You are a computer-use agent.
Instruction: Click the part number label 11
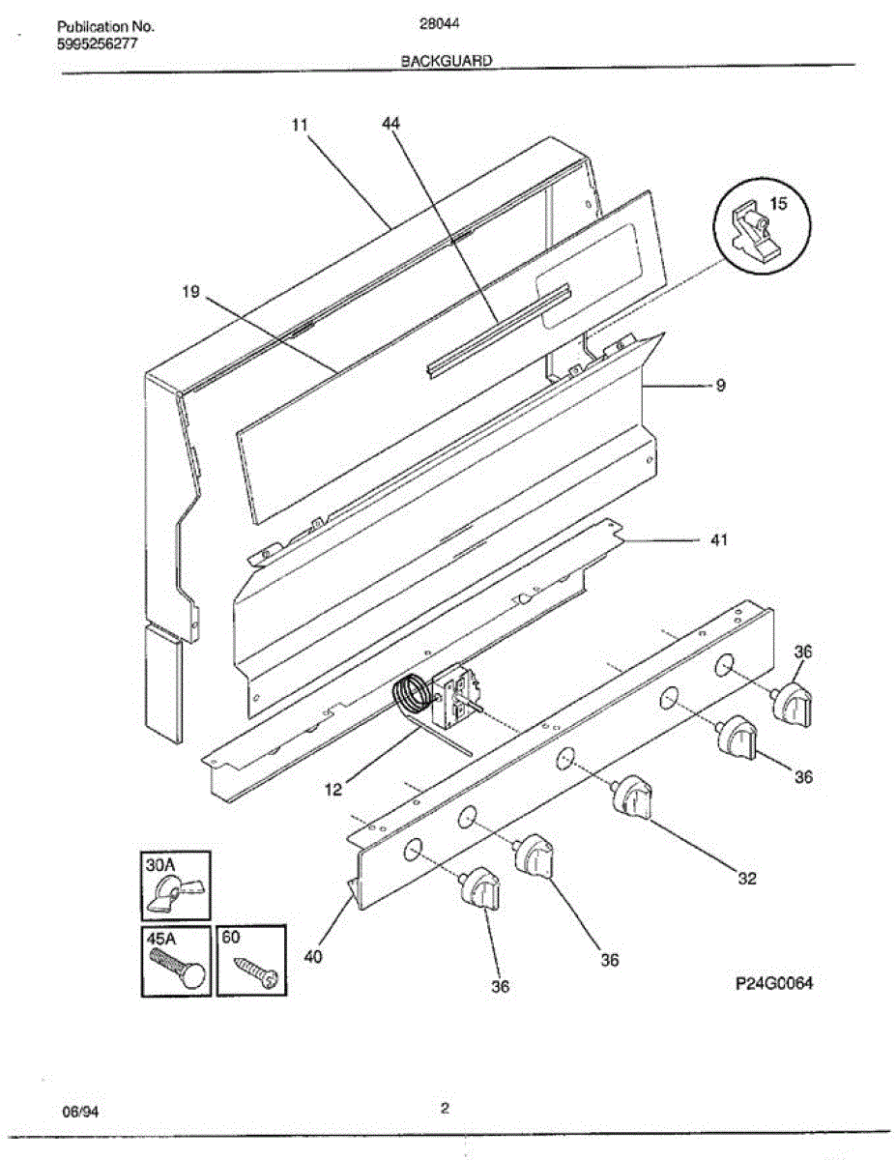point(300,125)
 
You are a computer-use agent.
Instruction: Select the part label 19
point(189,292)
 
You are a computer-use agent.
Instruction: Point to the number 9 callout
point(721,385)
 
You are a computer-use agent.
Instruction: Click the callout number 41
point(718,540)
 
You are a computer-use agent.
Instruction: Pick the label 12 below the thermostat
point(332,790)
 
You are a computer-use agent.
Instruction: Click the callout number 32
point(747,879)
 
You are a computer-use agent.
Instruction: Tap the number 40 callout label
point(313,958)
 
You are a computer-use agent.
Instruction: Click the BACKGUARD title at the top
point(447,60)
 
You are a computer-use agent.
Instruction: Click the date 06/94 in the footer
point(80,1112)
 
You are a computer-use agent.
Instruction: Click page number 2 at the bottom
point(445,1109)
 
